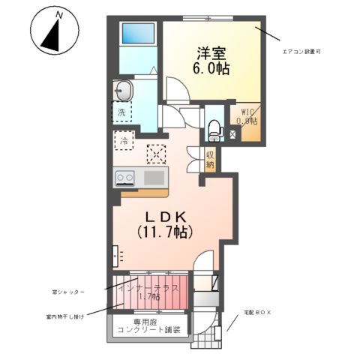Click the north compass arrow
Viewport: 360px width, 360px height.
tap(51, 34)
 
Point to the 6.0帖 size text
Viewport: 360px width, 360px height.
tap(212, 68)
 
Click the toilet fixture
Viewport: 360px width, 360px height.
tap(214, 128)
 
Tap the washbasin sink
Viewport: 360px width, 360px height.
tap(124, 91)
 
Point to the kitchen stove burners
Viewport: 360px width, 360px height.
tap(124, 178)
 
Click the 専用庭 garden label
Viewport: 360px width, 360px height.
tap(152, 325)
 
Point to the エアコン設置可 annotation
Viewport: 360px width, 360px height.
tap(303, 52)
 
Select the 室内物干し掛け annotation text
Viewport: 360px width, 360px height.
tap(64, 316)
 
